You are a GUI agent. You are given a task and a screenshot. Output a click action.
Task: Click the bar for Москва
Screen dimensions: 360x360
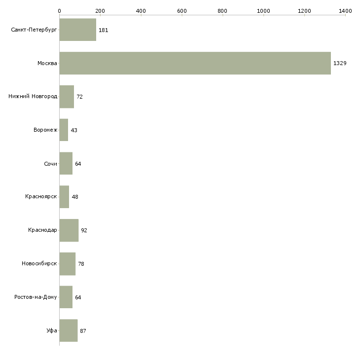(195, 63)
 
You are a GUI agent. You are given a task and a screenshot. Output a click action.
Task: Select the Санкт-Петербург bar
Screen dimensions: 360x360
(77, 30)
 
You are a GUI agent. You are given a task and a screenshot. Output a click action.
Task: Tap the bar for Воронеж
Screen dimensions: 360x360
(64, 130)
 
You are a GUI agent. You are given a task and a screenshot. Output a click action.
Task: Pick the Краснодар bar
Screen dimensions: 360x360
(69, 230)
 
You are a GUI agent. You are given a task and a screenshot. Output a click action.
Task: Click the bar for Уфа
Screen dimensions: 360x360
(68, 330)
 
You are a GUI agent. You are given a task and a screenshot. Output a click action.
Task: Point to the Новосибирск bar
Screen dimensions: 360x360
(67, 264)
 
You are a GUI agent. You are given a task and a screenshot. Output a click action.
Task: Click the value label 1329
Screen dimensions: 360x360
(340, 64)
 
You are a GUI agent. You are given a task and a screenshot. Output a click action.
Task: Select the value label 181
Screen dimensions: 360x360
(104, 30)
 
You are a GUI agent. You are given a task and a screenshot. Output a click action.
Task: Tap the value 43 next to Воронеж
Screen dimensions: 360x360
(74, 130)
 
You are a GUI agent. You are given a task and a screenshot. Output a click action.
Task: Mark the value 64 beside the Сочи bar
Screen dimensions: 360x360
(78, 164)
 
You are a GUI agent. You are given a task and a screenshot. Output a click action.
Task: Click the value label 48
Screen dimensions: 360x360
(75, 197)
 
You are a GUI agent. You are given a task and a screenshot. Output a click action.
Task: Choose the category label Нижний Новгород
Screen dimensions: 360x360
(33, 97)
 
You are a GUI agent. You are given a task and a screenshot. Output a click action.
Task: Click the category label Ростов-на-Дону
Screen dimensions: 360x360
(36, 297)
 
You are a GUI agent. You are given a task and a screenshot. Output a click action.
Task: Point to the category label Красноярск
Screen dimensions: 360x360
(41, 197)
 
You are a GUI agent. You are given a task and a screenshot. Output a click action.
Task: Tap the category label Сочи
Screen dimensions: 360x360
(50, 164)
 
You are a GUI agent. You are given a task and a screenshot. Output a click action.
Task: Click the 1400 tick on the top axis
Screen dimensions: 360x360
(345, 10)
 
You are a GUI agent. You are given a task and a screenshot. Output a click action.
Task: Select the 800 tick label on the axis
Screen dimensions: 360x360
(223, 10)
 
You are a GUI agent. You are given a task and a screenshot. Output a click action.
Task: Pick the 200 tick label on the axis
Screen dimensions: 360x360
(100, 10)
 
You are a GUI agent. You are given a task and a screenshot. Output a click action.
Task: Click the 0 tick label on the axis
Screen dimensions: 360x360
(59, 10)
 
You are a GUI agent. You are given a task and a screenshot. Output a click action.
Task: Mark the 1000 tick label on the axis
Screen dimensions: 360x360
(264, 10)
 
